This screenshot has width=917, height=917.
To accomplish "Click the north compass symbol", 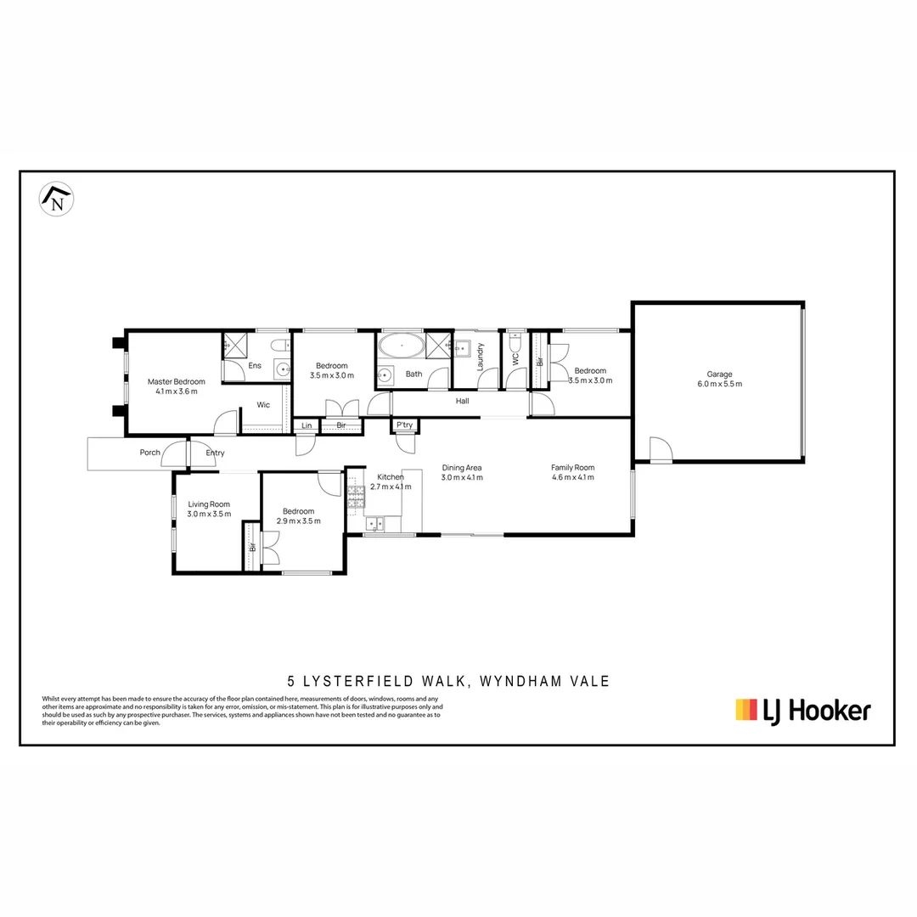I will coord(57,199).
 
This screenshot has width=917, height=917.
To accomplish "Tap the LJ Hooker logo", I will coord(802,710).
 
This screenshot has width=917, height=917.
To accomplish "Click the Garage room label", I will coord(719,374).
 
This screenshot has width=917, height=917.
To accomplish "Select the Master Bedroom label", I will coord(176,381).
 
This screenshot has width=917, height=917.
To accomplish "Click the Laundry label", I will coord(481,357).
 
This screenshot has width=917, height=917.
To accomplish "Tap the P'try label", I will coord(404,425).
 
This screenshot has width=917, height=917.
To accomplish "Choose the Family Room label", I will coord(572,467).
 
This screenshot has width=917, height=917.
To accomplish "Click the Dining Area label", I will coord(462,467).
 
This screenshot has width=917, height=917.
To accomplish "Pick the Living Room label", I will coord(209,504).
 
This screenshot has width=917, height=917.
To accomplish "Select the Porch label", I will coord(150,453).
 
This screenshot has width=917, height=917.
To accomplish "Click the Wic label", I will coord(263,405).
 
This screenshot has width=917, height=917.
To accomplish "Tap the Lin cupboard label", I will coord(306,425).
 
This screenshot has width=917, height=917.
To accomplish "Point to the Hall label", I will coord(462,401).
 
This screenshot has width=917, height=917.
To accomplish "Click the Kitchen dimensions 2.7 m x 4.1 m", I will coord(391,487).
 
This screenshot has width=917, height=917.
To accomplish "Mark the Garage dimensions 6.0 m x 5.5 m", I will coord(719,384).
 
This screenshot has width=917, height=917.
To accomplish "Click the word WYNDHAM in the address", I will coord(522,681).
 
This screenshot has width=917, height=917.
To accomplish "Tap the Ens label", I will coord(255,366).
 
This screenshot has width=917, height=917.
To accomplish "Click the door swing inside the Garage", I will coord(659,447).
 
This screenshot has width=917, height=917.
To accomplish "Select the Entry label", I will coord(215,453).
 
